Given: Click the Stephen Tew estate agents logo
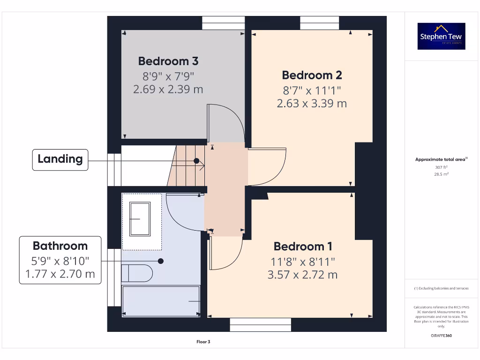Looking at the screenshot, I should [441, 36].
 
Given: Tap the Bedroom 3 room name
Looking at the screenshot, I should [168, 61].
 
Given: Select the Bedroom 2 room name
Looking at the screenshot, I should [312, 75].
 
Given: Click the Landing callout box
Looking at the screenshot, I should [60, 159].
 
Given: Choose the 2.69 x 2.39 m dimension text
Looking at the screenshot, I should [168, 89].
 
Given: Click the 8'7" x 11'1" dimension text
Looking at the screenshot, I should [312, 89].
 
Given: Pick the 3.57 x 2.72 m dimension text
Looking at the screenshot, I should [302, 275].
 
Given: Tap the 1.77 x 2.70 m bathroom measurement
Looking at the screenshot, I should [60, 274].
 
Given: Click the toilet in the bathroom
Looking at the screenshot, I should [137, 273].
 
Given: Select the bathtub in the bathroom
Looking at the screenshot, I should [161, 301].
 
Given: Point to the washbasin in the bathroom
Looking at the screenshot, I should [140, 219].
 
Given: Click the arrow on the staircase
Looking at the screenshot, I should [202, 165].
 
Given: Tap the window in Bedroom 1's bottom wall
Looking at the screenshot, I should [260, 324].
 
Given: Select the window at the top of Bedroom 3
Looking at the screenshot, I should [223, 23].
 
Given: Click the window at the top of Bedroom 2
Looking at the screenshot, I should [319, 23].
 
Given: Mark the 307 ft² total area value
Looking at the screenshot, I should [441, 167].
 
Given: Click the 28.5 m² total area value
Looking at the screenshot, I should [441, 174].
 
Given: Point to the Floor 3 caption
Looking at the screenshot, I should [203, 342].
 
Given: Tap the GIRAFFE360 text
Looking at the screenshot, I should [441, 336].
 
